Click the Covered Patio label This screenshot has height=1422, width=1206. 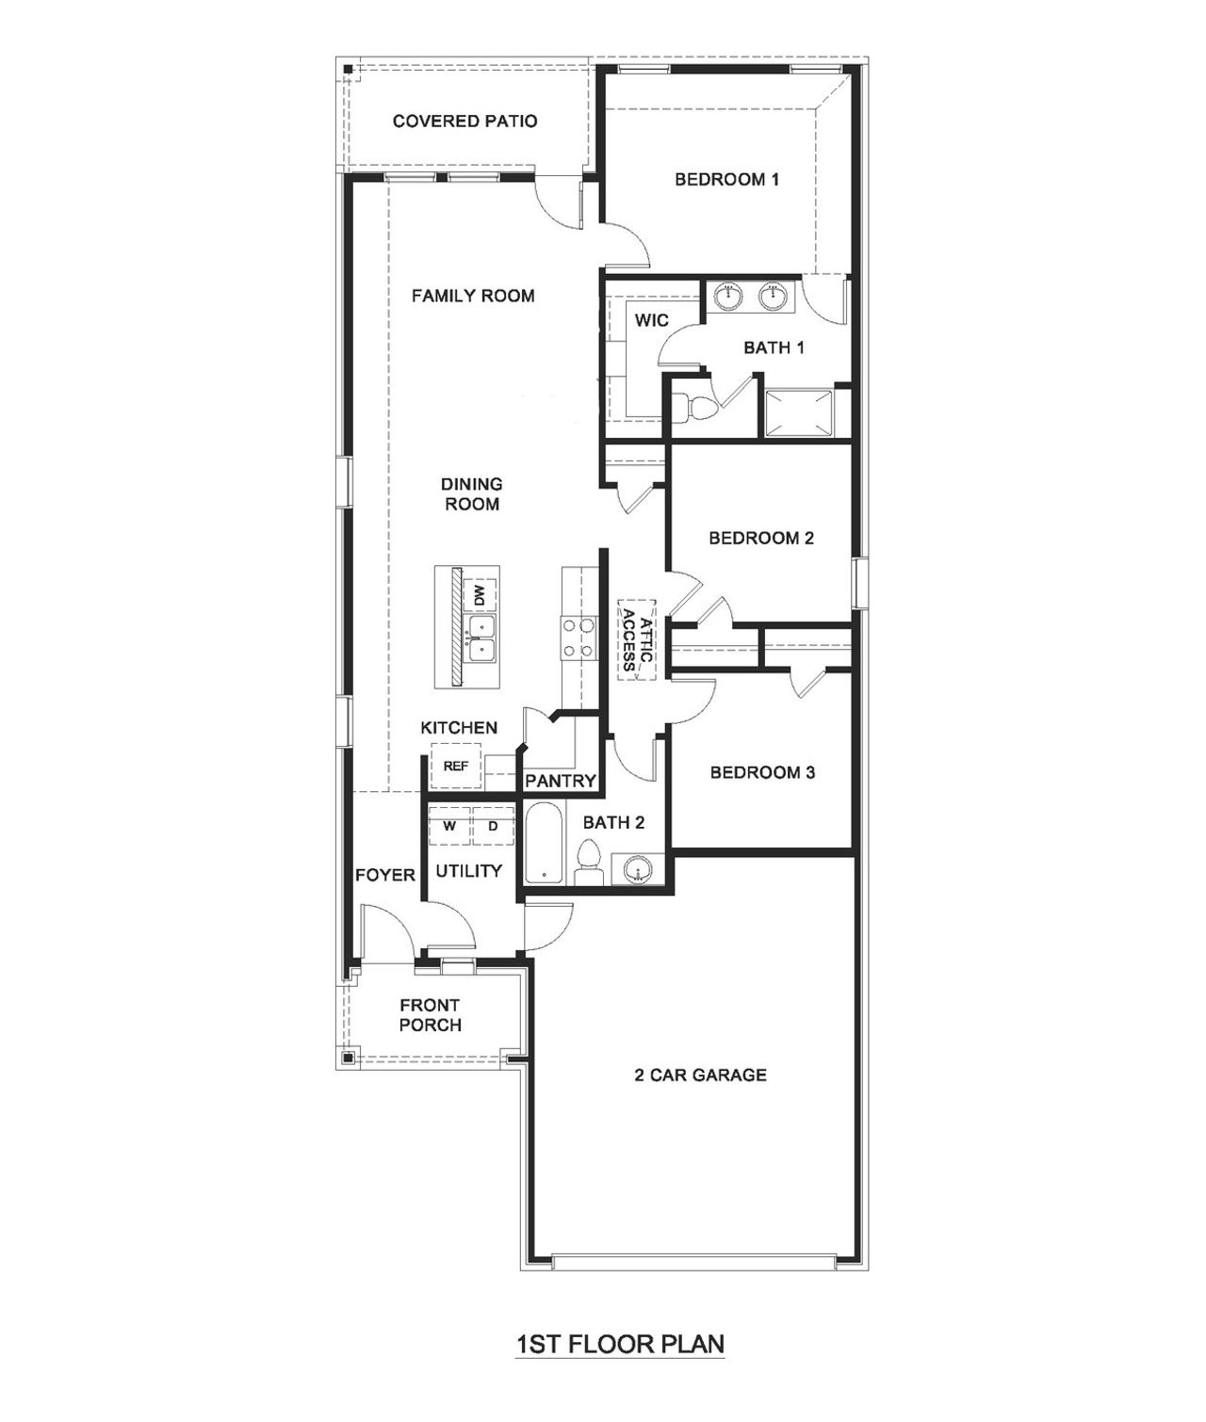click(x=464, y=121)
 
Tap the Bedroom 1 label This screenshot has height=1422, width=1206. click(x=726, y=179)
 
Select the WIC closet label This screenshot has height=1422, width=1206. click(x=651, y=320)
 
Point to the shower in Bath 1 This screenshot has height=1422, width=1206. click(x=798, y=412)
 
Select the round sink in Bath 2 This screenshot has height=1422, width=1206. click(x=638, y=868)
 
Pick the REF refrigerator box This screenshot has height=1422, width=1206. click(x=456, y=766)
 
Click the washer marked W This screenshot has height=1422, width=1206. click(x=449, y=826)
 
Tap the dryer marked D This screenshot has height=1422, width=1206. click(x=493, y=826)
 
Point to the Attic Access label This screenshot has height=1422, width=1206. click(x=636, y=638)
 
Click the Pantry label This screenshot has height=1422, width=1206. click(x=561, y=780)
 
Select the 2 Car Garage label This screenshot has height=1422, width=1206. click(x=700, y=1075)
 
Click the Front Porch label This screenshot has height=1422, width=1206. click(x=431, y=1015)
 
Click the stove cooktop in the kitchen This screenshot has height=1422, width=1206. click(x=576, y=636)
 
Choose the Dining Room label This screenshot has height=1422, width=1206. click(x=472, y=493)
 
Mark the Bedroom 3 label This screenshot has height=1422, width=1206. click(x=762, y=772)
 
